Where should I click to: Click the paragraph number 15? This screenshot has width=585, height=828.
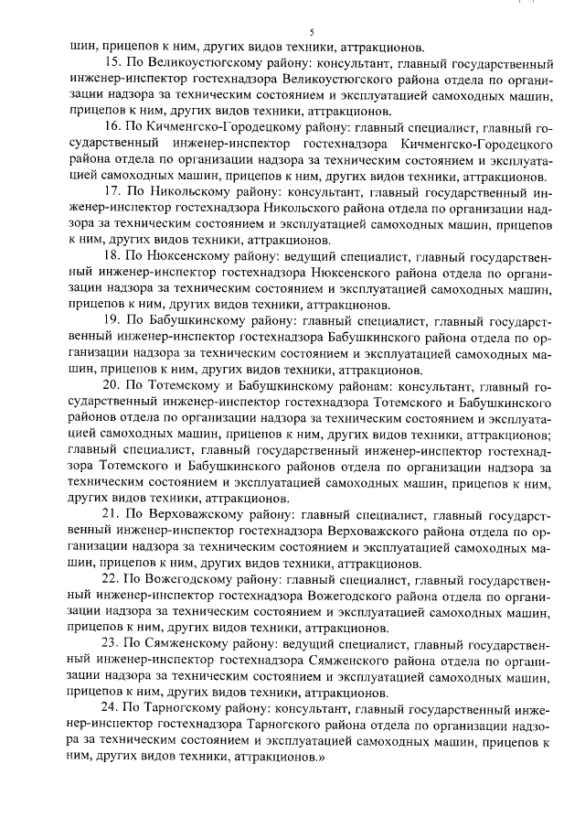pyautogui.click(x=115, y=64)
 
